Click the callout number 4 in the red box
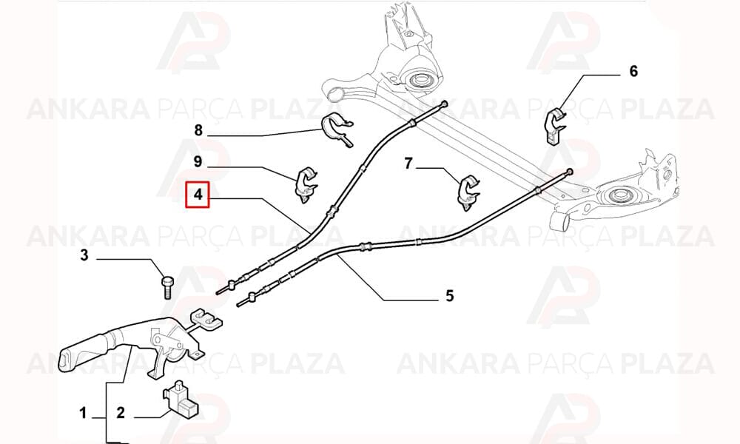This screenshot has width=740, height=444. tap(198, 195)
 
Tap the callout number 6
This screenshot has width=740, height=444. tap(633, 71)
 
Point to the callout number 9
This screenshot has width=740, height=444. tap(198, 162)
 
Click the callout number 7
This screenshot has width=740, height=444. tap(408, 164)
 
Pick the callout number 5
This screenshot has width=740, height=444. tap(449, 296)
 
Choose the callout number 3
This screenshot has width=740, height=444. tap(84, 256)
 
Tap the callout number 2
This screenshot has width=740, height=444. tap(121, 413)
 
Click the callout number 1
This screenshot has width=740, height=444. tap(83, 414)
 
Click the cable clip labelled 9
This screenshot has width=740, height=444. tap(306, 184)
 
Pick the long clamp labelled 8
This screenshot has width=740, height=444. tap(338, 129)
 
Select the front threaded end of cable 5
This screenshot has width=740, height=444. tap(243, 301)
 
